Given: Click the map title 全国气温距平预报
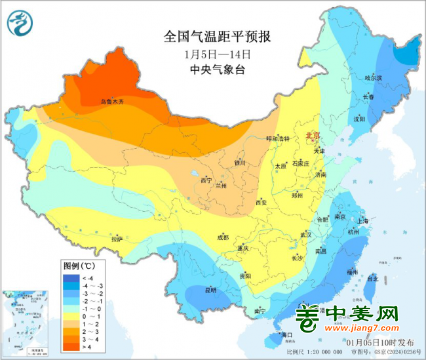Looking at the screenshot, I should [x=212, y=37].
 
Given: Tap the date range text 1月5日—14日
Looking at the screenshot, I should [x=212, y=54].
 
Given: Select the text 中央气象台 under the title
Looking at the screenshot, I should [x=212, y=70].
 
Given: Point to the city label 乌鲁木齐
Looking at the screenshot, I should [x=111, y=102].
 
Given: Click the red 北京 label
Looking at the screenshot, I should [x=312, y=136].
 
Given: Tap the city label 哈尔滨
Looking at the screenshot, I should [x=372, y=77].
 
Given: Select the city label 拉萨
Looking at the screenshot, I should [x=117, y=239].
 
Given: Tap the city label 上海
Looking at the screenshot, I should [x=364, y=221].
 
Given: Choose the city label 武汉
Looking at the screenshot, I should [x=306, y=234].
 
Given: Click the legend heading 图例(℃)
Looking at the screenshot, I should [x=79, y=266].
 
